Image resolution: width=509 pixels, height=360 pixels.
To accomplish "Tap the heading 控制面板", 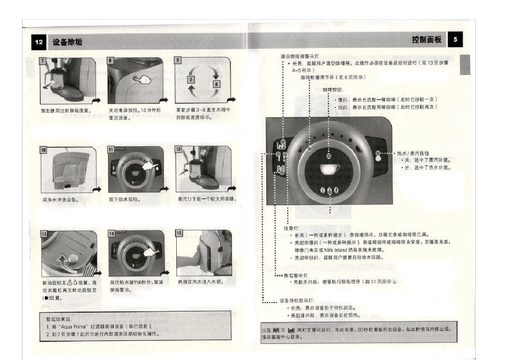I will (x=426, y=40).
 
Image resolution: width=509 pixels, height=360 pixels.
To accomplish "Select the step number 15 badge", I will (x=179, y=234).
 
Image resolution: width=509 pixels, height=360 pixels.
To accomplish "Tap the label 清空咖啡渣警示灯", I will (x=300, y=56).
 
